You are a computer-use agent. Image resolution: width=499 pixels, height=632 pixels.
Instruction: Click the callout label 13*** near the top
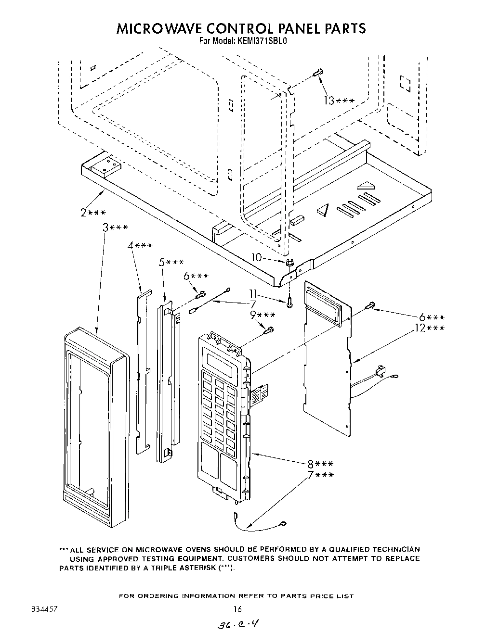click(x=339, y=101)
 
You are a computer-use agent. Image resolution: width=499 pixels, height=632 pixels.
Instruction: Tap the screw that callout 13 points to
click(x=317, y=72)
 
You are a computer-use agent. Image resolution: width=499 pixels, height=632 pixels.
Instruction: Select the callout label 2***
click(x=93, y=213)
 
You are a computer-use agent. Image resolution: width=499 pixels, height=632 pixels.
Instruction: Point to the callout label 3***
click(x=115, y=228)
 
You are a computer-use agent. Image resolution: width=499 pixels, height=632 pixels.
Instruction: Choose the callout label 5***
click(x=171, y=262)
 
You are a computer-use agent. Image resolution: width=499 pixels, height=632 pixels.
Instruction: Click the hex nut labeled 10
click(x=290, y=263)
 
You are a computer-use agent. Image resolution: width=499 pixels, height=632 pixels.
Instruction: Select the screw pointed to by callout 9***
click(x=270, y=330)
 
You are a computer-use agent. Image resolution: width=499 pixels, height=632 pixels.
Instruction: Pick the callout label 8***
click(x=320, y=464)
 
